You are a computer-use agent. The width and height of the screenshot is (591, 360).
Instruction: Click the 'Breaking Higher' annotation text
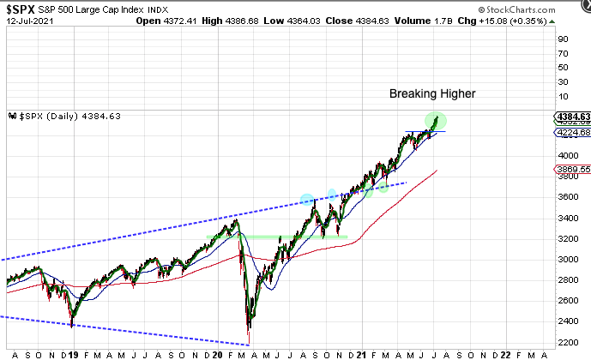[x=433, y=93]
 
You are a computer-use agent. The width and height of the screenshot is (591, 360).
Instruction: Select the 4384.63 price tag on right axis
[x=570, y=117]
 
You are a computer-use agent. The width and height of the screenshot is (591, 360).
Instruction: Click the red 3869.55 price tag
[x=570, y=170]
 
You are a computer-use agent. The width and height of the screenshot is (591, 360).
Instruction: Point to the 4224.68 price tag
[x=570, y=133]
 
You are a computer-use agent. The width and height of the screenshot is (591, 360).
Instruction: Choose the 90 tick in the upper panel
[x=564, y=38]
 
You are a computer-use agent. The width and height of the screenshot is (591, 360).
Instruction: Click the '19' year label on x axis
[x=75, y=354]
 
